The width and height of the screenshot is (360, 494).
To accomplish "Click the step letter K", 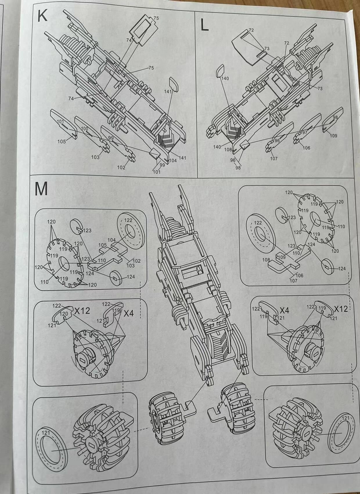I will pyautogui.click(x=42, y=16).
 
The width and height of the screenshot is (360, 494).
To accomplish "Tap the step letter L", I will pyautogui.click(x=204, y=26).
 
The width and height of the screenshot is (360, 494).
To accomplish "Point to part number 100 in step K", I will pyautogui.click(x=84, y=128).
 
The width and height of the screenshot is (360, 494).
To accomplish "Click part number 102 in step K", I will pyautogui.click(x=121, y=167).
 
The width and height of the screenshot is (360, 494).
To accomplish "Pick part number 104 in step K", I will pyautogui.click(x=173, y=160).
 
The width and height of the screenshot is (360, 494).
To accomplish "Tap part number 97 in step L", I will pyautogui.click(x=305, y=132).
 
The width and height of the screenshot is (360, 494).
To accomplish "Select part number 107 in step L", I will pyautogui.click(x=274, y=158).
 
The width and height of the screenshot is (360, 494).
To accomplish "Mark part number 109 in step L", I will pyautogui.click(x=334, y=135).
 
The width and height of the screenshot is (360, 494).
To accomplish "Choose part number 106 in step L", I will pyautogui.click(x=306, y=148).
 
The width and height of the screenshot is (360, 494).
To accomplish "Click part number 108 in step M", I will pyautogui.click(x=266, y=260).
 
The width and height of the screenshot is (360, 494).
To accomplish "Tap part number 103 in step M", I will pyautogui.click(x=131, y=266).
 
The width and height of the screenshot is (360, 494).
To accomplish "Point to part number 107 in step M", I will pyautogui.click(x=294, y=281).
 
